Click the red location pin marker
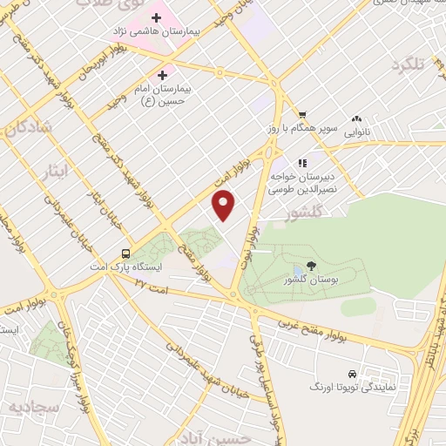pos(224,205)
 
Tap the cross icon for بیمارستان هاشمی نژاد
pos(157,17)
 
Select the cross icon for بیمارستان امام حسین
pos(162,76)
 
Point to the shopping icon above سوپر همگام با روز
pos(302,114)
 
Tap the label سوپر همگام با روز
pos(301,128)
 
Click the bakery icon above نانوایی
pos(355,119)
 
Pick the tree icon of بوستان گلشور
pos(311,266)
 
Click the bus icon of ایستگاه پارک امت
pos(126,253)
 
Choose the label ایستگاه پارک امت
pos(126,267)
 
